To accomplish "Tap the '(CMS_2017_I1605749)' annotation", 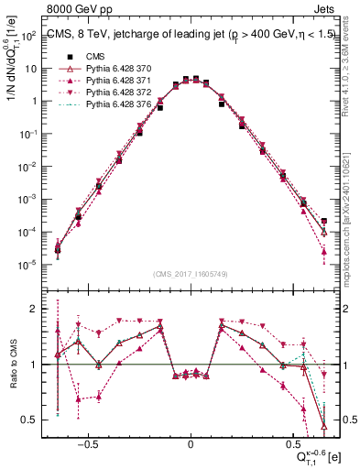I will (190, 274).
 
